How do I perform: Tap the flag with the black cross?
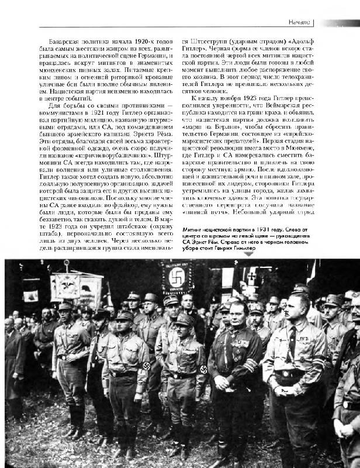[249, 280]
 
